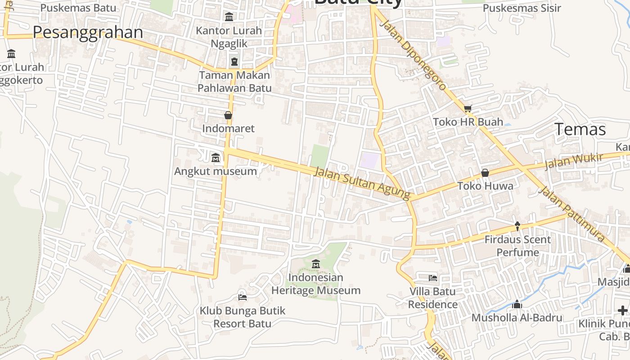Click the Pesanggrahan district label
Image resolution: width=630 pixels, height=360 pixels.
(x=88, y=32)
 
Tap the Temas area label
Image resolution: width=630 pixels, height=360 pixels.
(x=580, y=129)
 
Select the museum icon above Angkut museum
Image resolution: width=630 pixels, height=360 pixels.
(x=216, y=158)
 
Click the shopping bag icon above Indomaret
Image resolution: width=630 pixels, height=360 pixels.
(x=228, y=115)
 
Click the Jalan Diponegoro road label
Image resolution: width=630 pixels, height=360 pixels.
(x=413, y=54)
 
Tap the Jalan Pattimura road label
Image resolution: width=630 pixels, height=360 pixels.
(x=571, y=213)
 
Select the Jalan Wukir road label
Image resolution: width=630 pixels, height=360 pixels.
(x=573, y=161)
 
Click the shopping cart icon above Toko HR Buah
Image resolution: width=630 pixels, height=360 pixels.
(x=468, y=108)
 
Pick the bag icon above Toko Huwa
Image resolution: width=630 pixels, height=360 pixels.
(x=485, y=173)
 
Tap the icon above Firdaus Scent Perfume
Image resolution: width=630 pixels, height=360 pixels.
(x=517, y=226)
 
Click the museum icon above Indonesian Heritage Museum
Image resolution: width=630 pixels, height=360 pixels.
(x=315, y=264)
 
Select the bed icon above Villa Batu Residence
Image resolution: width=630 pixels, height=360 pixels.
(x=433, y=278)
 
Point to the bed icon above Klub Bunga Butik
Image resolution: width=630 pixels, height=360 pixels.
(x=242, y=297)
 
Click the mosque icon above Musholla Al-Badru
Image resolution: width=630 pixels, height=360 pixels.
(x=517, y=305)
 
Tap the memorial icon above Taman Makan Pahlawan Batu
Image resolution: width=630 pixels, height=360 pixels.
(x=234, y=61)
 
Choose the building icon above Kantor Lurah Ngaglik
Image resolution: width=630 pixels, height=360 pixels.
(x=229, y=17)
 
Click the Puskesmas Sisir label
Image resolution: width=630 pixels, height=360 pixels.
(x=522, y=8)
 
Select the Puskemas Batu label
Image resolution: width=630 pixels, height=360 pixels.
(x=78, y=8)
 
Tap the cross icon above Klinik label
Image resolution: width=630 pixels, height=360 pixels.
(x=623, y=310)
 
